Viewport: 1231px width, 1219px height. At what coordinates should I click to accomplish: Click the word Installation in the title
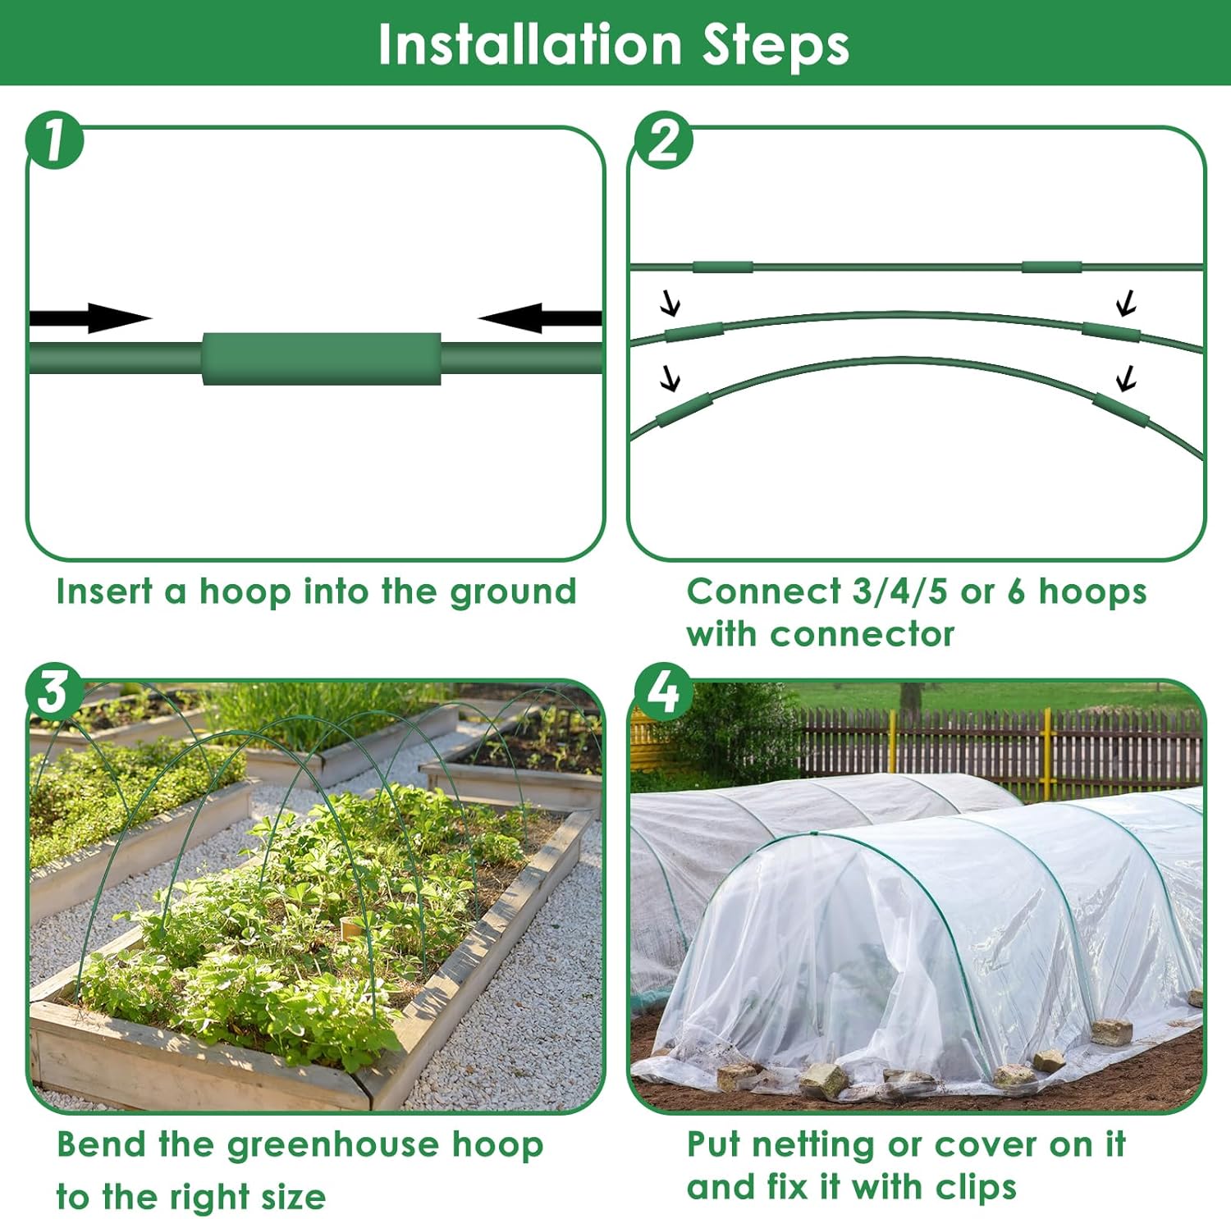tap(529, 44)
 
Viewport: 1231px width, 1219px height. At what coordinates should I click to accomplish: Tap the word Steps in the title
tap(776, 46)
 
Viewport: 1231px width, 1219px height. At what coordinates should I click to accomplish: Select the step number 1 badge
tap(55, 140)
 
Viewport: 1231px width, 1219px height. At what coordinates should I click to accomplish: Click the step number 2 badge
tap(663, 140)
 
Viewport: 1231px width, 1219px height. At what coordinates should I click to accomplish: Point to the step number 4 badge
tap(663, 691)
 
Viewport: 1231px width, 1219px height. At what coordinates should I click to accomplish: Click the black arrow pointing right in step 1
tap(90, 318)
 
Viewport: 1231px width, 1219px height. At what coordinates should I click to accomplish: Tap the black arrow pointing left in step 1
tap(540, 318)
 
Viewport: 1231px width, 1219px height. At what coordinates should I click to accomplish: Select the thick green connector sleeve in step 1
tap(322, 358)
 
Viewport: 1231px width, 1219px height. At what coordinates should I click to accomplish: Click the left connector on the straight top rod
tap(723, 267)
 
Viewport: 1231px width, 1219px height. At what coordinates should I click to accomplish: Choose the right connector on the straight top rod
tap(1051, 267)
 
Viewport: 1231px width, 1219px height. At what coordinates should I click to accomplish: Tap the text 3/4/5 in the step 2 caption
tap(900, 591)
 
